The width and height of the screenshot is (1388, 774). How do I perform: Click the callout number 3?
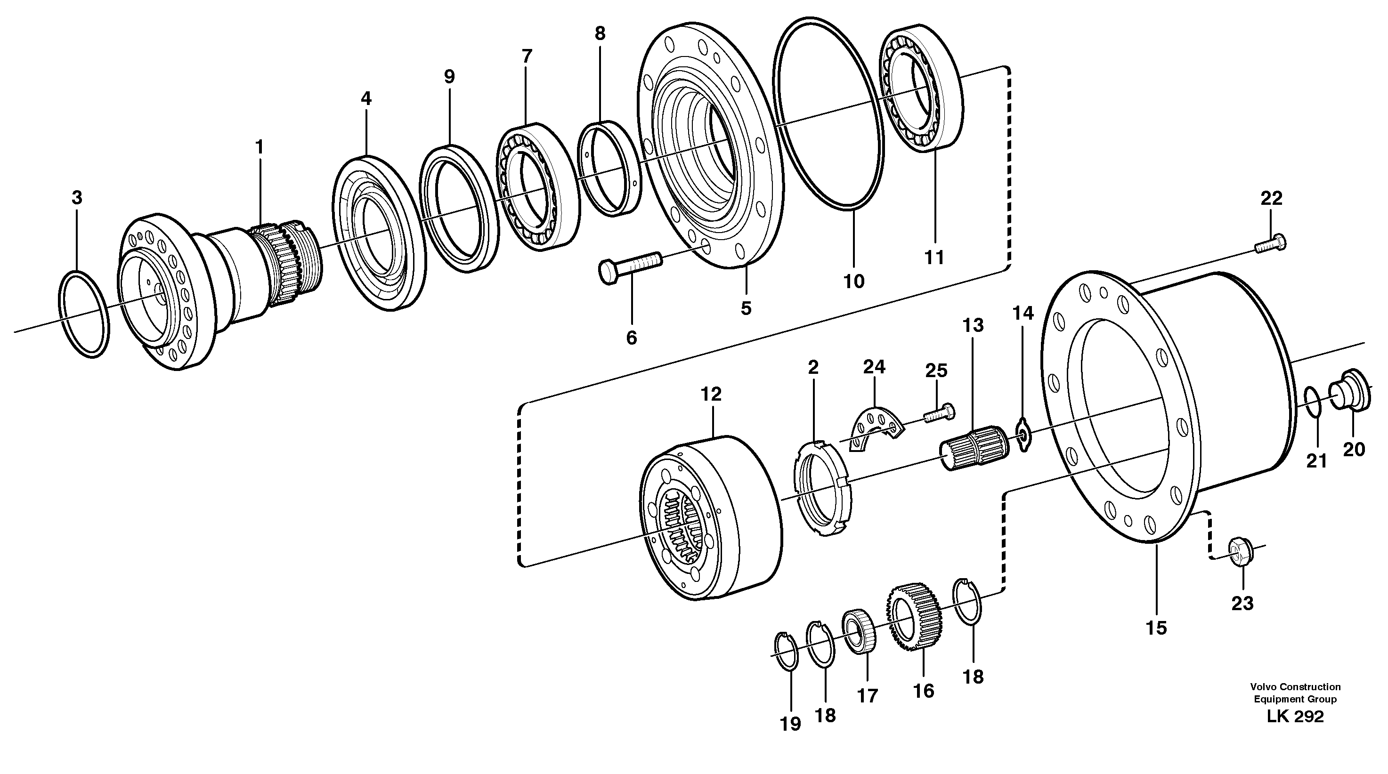point(77,198)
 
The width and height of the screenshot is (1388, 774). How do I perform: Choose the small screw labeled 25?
point(939,414)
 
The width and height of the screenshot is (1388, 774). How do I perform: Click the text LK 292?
point(1295,717)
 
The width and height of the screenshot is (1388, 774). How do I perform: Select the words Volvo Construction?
point(1295,687)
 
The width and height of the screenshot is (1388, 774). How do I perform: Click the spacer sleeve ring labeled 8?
point(609,168)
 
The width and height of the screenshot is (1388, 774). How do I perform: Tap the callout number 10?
point(853,281)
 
